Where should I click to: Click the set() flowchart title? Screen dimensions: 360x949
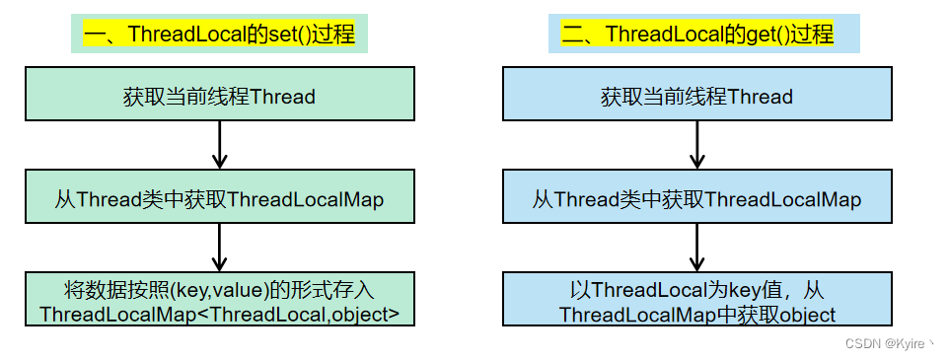[219, 36]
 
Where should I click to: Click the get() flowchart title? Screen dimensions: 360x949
[696, 36]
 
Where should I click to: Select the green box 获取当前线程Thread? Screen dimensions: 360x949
[220, 97]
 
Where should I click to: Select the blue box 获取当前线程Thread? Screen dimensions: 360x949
[696, 97]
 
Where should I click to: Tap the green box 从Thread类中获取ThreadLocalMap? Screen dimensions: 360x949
[220, 199]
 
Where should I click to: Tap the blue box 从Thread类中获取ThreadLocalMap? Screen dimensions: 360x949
[696, 199]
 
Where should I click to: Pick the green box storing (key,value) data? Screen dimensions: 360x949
[220, 302]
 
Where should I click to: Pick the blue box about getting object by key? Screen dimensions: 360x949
[696, 302]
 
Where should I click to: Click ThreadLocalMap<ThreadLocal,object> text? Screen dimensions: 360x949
[220, 315]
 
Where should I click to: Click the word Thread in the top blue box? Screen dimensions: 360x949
[760, 97]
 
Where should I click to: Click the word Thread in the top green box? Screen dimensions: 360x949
[283, 97]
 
